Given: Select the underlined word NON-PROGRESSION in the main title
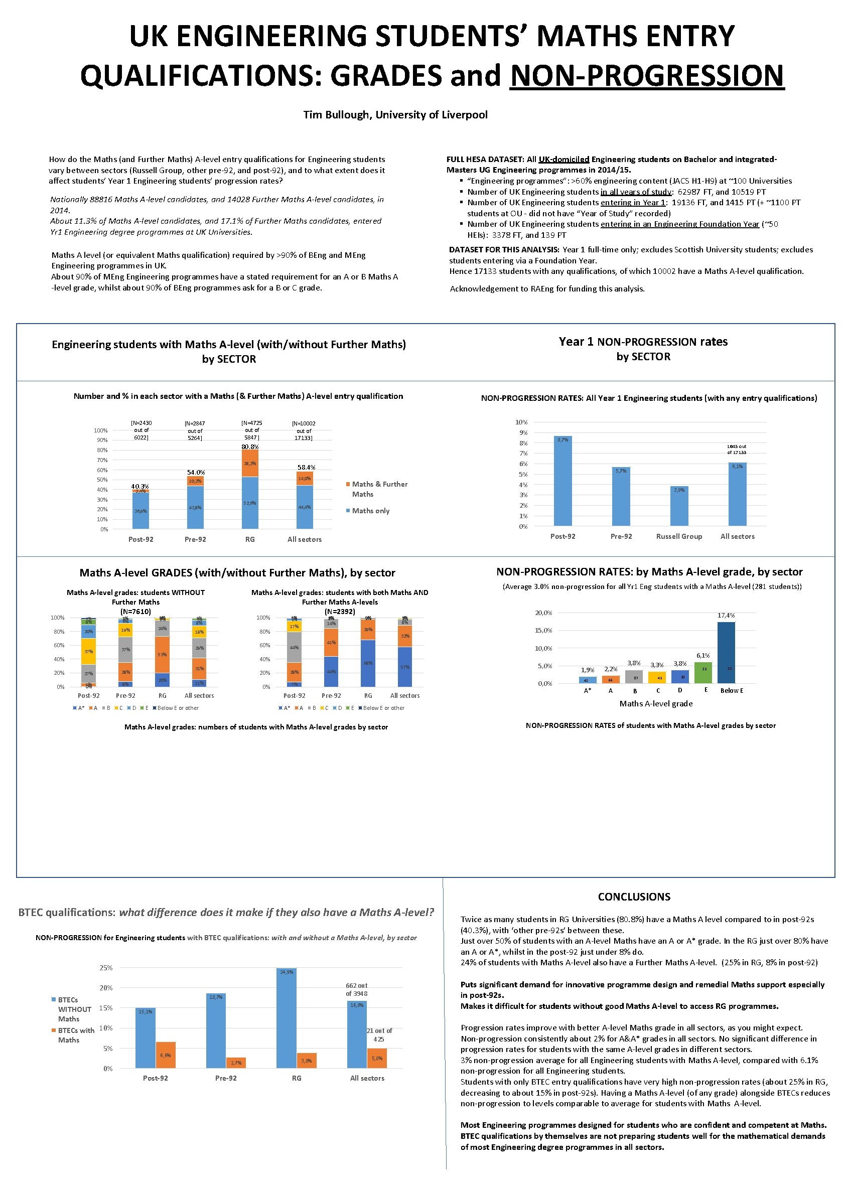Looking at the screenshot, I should click(x=646, y=76).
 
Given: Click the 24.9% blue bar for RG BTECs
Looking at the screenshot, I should click(x=287, y=1018).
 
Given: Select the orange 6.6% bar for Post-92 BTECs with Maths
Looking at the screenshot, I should click(x=166, y=1055).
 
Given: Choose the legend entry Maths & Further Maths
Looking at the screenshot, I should click(x=376, y=489).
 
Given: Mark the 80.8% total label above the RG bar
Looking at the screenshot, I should click(x=250, y=446).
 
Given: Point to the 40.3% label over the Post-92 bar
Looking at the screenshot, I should click(x=139, y=486).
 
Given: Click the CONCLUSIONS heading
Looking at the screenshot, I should click(x=634, y=896).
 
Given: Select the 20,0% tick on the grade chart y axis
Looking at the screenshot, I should click(x=543, y=613).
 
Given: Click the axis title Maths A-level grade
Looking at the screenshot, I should click(x=656, y=703).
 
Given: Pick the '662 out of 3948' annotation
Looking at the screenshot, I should click(x=356, y=989).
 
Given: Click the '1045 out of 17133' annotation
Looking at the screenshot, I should click(x=737, y=449).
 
